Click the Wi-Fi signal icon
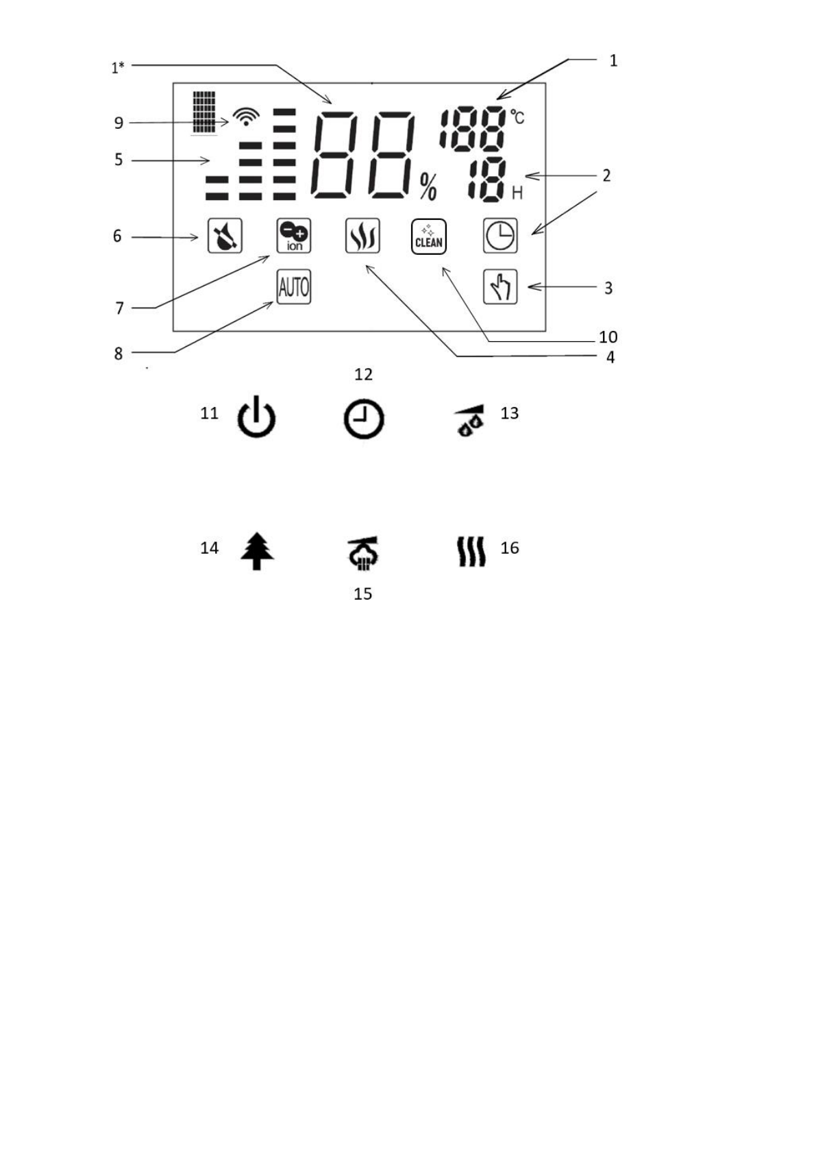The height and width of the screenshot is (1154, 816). coord(246,116)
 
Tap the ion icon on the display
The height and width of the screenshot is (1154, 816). coord(294,236)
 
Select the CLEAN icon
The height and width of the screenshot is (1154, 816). coord(429,236)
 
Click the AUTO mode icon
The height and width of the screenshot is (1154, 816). coord(294,286)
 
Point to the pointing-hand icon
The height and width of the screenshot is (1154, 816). coord(500,286)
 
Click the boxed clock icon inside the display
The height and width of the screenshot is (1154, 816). coord(500,236)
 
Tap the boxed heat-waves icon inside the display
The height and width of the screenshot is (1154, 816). coord(362,236)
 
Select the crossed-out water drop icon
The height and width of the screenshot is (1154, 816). coord(225,236)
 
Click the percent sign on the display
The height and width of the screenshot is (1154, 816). coord(429,186)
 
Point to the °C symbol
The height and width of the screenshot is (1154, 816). coord(517,117)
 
